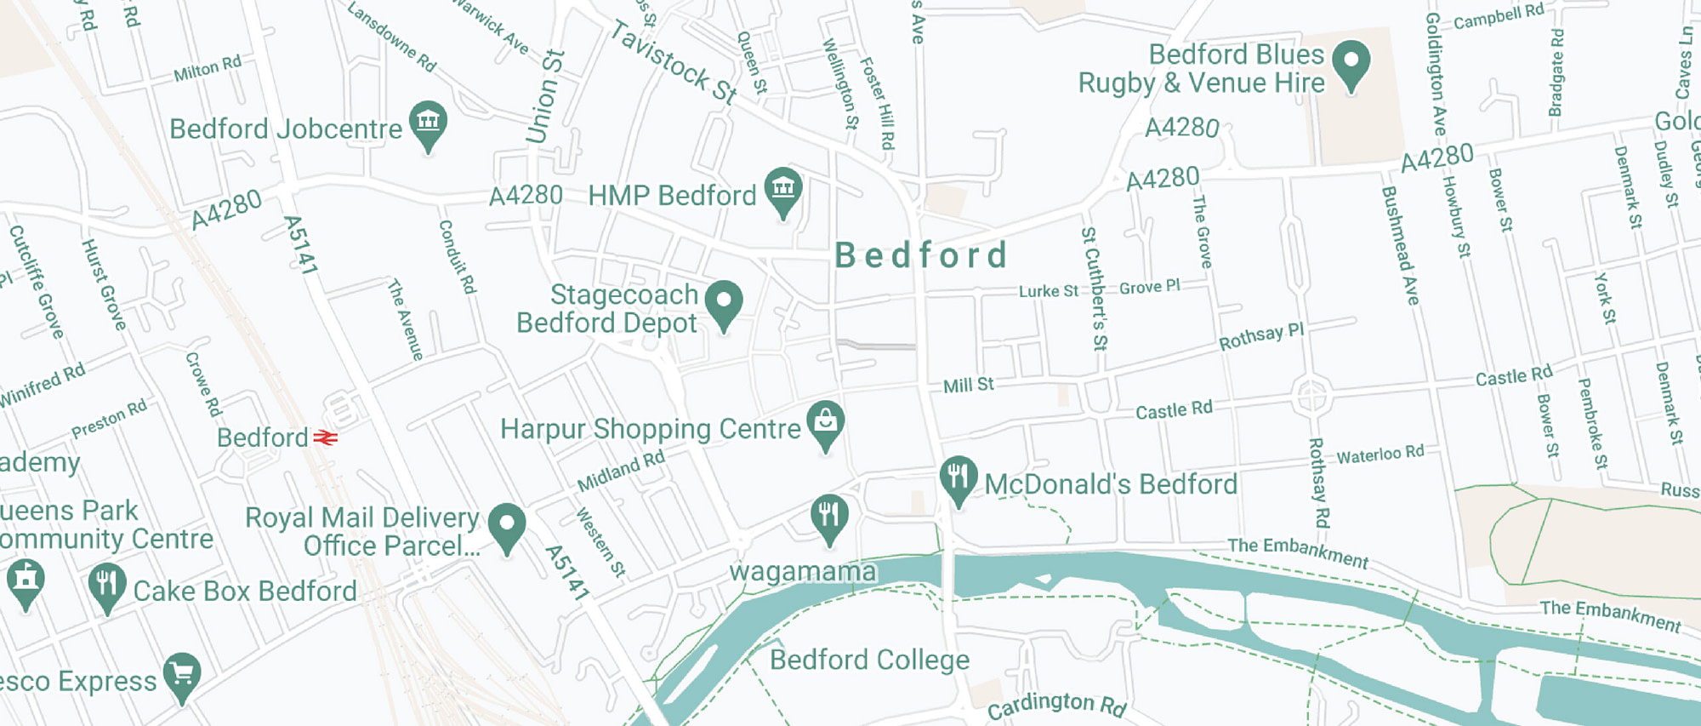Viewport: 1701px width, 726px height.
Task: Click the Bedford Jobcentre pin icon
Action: (x=428, y=123)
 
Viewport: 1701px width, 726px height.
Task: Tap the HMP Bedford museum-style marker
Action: (x=782, y=189)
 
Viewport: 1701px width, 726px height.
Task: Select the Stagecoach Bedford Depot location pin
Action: (x=724, y=302)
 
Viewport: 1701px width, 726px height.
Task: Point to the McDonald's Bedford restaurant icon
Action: (x=958, y=477)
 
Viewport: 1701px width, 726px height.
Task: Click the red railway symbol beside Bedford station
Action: (x=326, y=437)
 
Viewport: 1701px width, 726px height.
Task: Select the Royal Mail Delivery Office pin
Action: (x=507, y=524)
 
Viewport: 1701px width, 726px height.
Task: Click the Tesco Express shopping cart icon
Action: (x=182, y=674)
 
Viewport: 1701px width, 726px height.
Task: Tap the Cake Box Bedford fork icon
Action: (x=106, y=584)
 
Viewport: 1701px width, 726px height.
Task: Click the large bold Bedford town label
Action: (x=921, y=255)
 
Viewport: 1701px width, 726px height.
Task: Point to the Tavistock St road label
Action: (x=673, y=62)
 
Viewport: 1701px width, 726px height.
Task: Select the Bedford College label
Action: (x=869, y=660)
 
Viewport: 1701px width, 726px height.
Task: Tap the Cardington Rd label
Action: (x=1056, y=704)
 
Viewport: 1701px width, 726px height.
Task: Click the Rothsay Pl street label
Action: (x=1260, y=337)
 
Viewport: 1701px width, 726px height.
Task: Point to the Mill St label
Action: (x=968, y=386)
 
